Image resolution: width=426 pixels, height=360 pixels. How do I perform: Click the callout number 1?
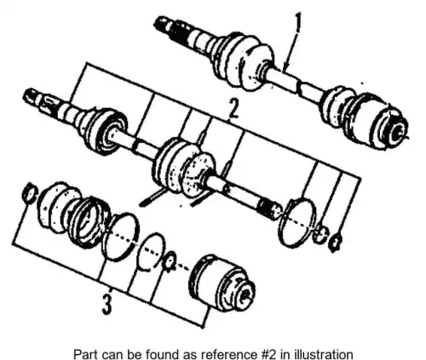pos(297,22)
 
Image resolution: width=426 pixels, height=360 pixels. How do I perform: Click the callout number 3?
pos(106,304)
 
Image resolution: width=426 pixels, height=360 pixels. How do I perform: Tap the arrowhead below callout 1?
pos(287,66)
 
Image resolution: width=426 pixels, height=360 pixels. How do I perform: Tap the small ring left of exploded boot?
pos(29,193)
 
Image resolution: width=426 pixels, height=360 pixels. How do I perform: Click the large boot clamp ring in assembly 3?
pos(121,237)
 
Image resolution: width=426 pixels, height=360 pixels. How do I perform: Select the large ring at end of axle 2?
pos(297,222)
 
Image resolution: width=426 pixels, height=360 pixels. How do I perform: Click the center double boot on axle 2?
pos(184,168)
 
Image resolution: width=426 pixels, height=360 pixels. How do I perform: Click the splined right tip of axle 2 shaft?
pos(270,209)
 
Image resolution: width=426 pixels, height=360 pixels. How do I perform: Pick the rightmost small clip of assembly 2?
pos(335,243)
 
